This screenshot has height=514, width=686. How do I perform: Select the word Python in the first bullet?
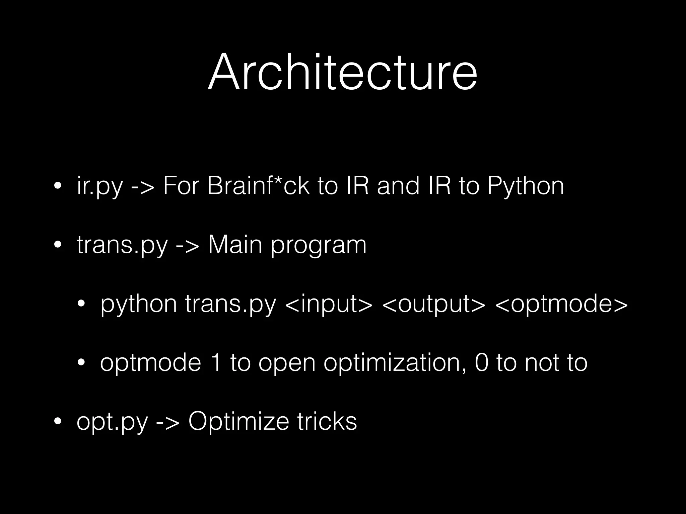(526, 186)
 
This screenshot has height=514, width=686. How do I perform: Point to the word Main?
(235, 245)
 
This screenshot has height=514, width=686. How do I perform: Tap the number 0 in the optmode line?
(482, 362)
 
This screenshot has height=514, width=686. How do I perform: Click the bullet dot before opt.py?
(58, 422)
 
